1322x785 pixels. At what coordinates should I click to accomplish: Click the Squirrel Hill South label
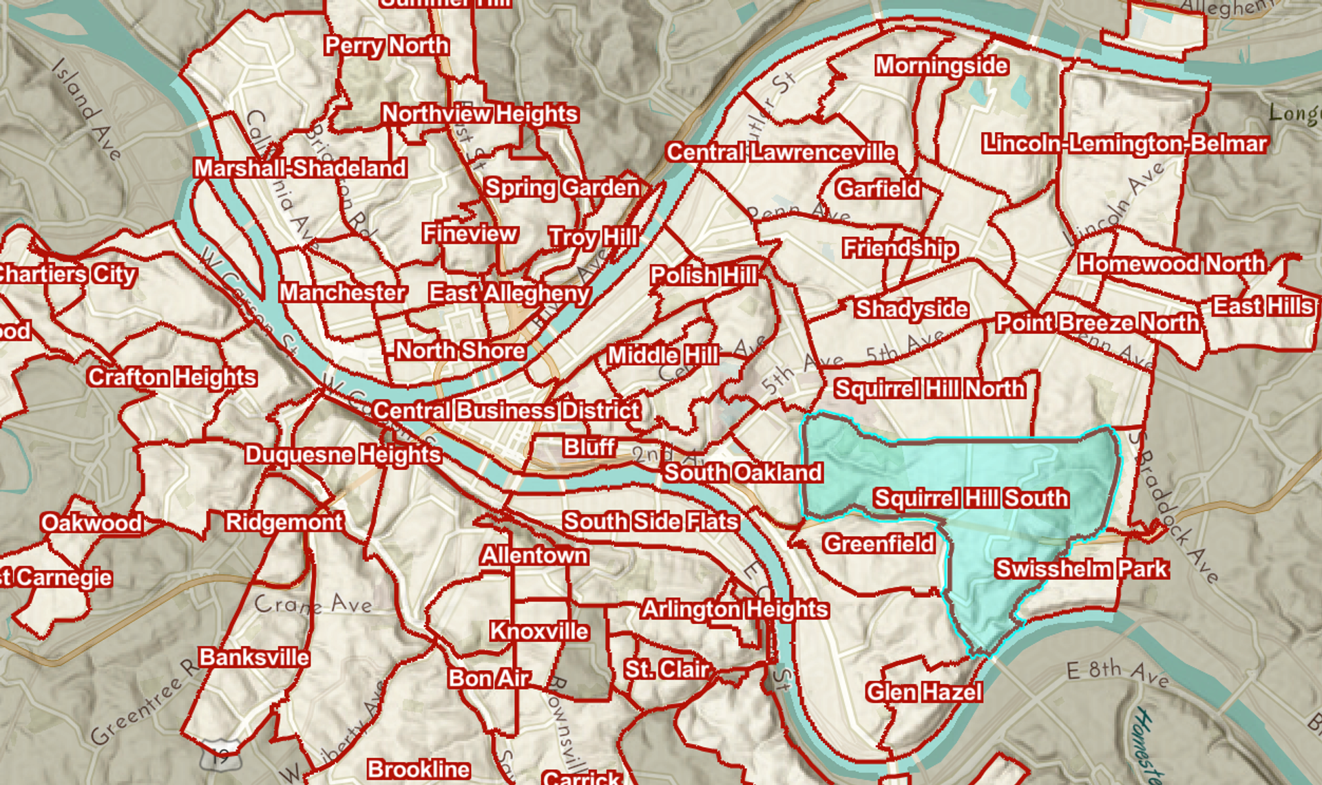click(x=971, y=498)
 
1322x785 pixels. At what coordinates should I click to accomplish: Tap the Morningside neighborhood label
click(x=941, y=66)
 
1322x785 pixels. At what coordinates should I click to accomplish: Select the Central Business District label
click(x=507, y=411)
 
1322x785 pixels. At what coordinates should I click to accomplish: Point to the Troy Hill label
click(x=593, y=237)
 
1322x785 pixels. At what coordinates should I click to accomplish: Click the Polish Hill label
click(x=704, y=276)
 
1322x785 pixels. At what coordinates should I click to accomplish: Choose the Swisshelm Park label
click(x=1081, y=569)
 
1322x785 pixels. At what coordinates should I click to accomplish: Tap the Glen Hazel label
click(x=923, y=691)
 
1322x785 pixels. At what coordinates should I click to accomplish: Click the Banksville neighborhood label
click(x=254, y=657)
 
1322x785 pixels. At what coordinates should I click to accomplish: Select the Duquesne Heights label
click(x=343, y=455)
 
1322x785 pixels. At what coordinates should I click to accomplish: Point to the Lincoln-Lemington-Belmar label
click(x=1124, y=144)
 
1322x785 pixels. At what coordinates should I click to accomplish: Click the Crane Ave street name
click(x=313, y=605)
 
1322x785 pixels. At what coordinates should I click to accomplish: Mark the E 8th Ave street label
click(x=1117, y=674)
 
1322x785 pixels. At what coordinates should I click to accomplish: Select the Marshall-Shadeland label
click(x=300, y=169)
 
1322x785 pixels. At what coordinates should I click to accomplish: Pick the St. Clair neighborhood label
click(x=666, y=669)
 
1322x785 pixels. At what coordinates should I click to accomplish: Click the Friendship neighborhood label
click(x=899, y=248)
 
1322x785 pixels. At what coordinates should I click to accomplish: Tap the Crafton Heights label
click(x=172, y=377)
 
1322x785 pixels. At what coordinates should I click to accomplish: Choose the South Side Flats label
click(x=651, y=521)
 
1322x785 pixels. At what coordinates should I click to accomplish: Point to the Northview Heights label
click(x=480, y=114)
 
